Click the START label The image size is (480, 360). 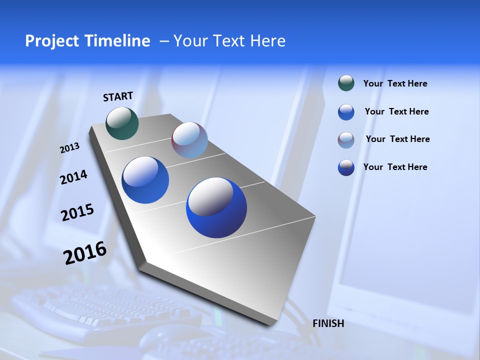point(118,96)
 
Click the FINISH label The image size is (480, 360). point(328,323)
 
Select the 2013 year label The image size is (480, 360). point(69,148)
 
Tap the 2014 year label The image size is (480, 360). point(73,177)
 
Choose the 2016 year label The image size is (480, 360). point(85,253)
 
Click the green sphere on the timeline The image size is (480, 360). point(122,123)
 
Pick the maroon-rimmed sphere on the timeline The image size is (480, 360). point(189,140)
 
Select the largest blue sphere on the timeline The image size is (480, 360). point(216,207)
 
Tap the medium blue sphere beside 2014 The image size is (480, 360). point(145,180)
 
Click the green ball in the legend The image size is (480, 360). point(346,83)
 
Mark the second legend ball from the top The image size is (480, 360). point(346,112)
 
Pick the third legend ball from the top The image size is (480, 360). point(346,140)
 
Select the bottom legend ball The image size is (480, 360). point(346,167)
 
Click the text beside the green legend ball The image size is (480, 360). point(395,83)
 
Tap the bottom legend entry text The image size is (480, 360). point(395,167)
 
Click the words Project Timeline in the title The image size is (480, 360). point(87,41)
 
